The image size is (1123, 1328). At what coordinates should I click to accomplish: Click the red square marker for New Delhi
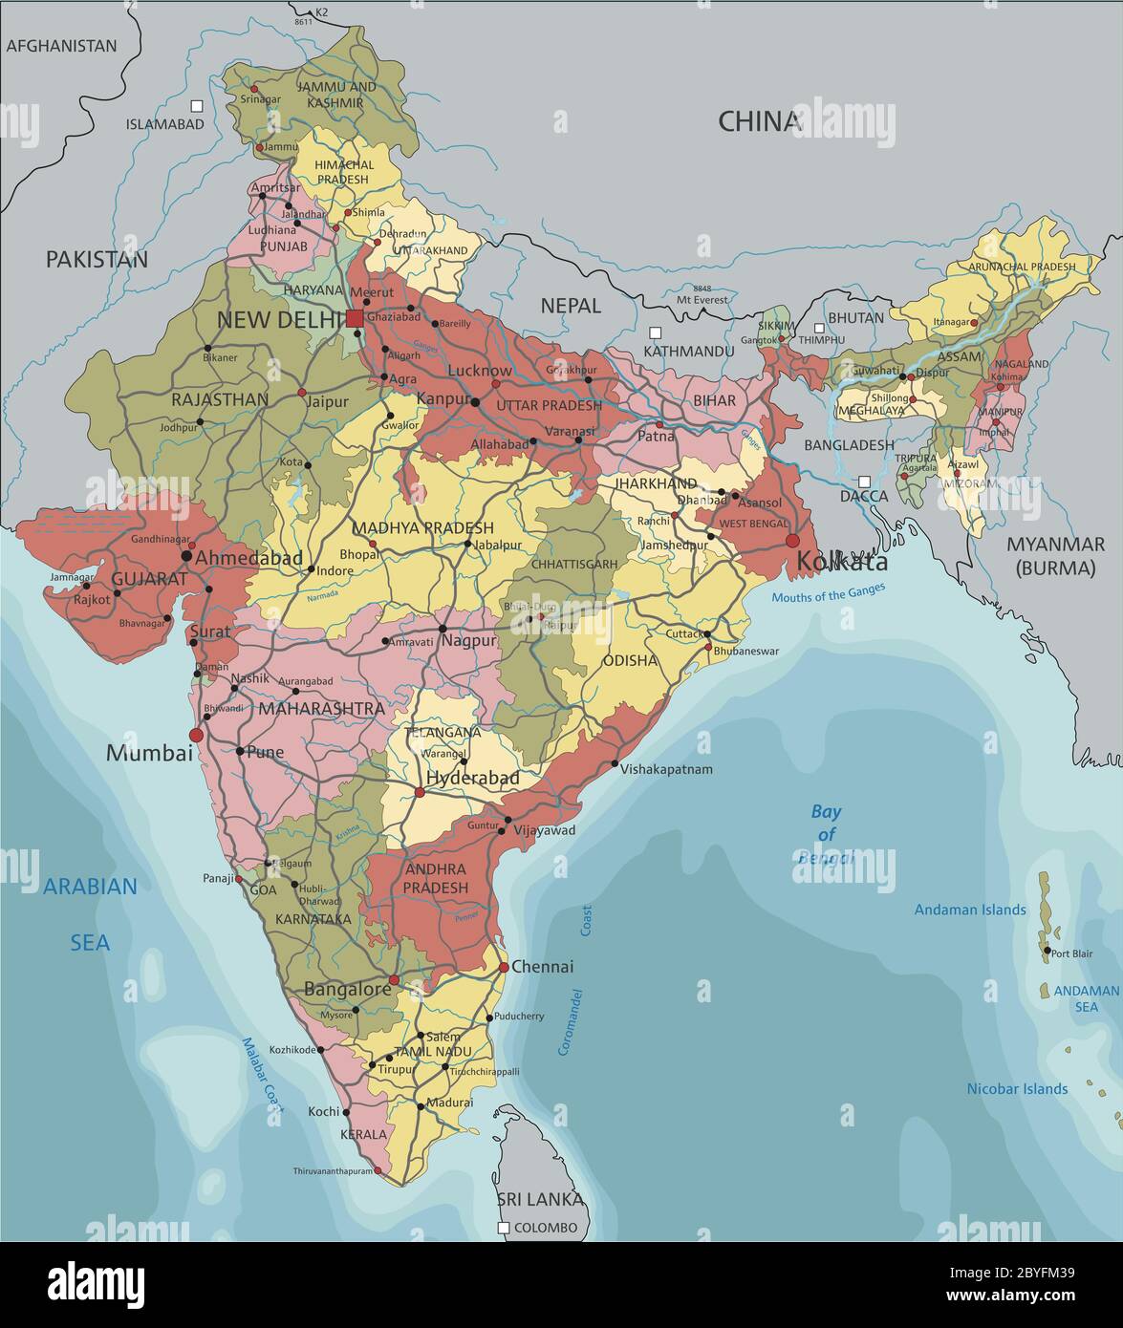(x=356, y=318)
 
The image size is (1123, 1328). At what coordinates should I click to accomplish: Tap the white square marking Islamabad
(x=197, y=106)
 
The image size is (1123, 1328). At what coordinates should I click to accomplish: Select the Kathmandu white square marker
(x=655, y=332)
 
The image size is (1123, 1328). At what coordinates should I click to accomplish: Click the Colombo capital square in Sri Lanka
(x=504, y=1228)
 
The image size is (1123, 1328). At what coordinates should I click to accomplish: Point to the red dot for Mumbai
(x=197, y=735)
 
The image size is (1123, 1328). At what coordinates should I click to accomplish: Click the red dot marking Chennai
(x=504, y=968)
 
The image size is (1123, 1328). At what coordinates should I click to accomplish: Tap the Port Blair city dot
(x=1047, y=951)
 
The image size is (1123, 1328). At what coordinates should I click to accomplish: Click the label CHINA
(x=759, y=121)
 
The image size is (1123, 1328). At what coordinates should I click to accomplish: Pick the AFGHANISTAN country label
(x=61, y=46)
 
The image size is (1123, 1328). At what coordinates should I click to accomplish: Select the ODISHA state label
(x=630, y=660)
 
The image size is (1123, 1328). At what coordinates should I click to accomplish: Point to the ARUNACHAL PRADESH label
(x=1022, y=267)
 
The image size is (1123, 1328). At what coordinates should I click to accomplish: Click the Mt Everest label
(x=703, y=299)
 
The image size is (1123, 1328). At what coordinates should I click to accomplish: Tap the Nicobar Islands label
(x=1017, y=1088)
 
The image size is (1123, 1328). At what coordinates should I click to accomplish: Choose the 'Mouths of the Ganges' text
(x=829, y=593)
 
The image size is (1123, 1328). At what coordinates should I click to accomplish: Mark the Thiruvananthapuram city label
(x=333, y=1170)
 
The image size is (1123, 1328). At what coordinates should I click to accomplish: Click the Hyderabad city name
(x=472, y=779)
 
